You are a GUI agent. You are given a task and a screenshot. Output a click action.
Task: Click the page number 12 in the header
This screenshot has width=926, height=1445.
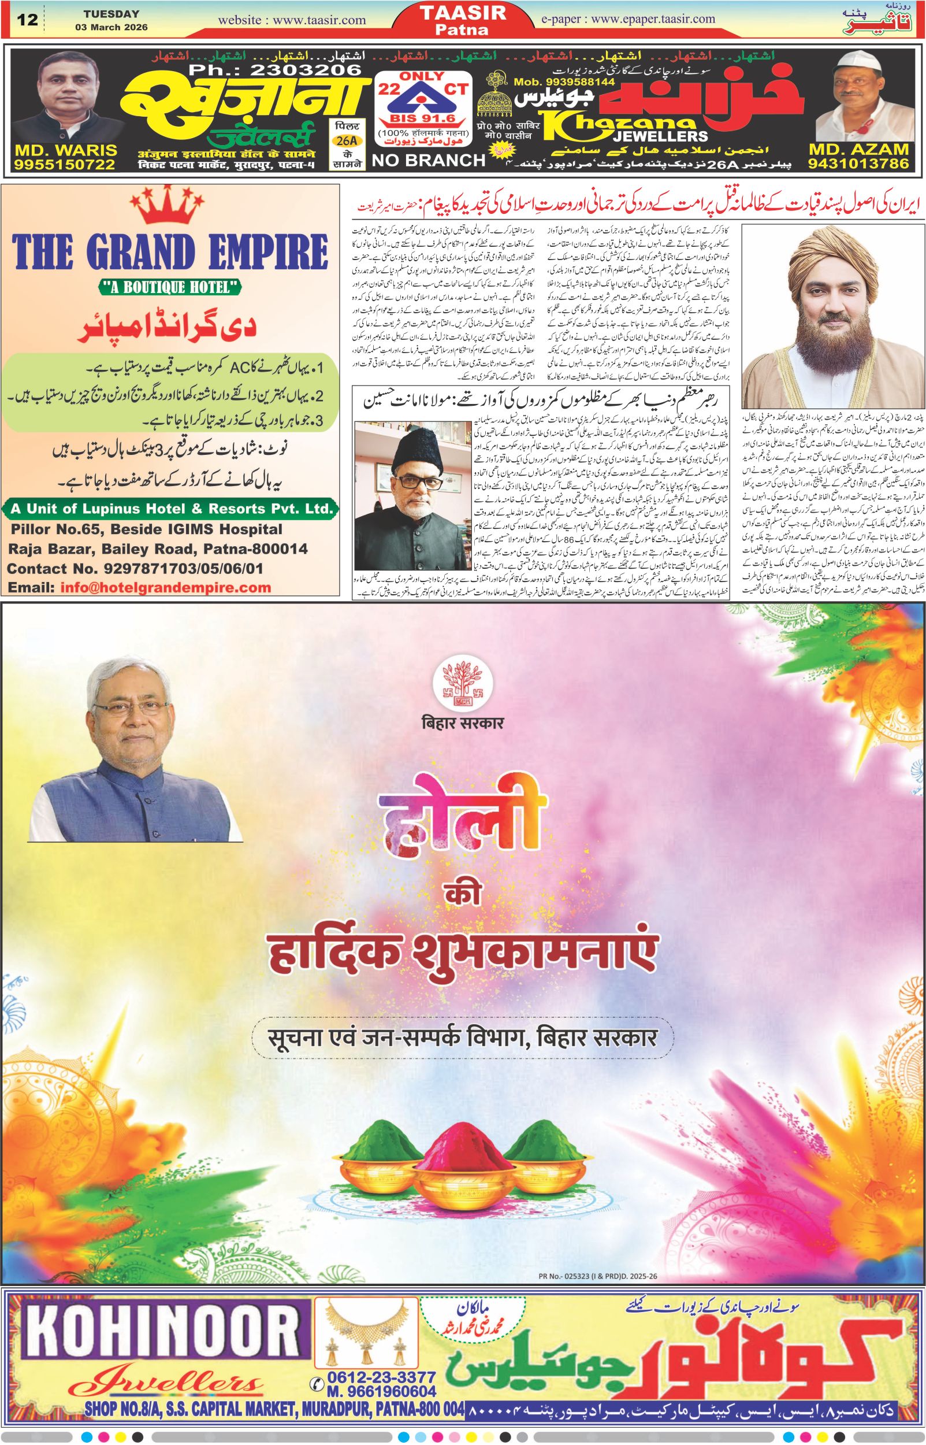tap(28, 20)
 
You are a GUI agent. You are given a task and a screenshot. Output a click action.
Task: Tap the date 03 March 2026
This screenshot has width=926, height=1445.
tap(111, 28)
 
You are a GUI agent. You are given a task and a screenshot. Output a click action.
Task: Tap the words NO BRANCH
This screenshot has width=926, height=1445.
tap(429, 160)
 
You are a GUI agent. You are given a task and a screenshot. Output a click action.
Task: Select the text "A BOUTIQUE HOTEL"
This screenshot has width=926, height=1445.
tap(171, 288)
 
